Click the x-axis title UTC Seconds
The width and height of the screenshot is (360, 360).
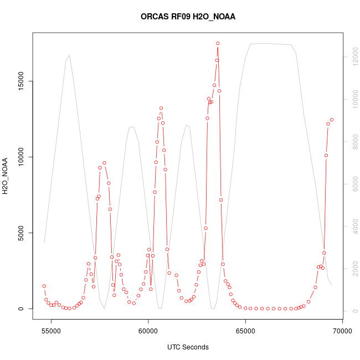188,347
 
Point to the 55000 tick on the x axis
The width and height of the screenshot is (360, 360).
51,332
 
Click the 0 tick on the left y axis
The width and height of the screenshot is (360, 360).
20,308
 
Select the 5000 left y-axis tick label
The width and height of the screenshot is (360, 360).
20,233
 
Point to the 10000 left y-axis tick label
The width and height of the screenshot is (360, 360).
20,157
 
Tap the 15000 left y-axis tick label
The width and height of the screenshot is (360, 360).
20,81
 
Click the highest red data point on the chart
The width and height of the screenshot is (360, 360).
218,43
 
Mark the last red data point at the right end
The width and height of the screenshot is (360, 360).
332,120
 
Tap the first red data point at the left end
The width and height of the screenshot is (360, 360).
44,286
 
